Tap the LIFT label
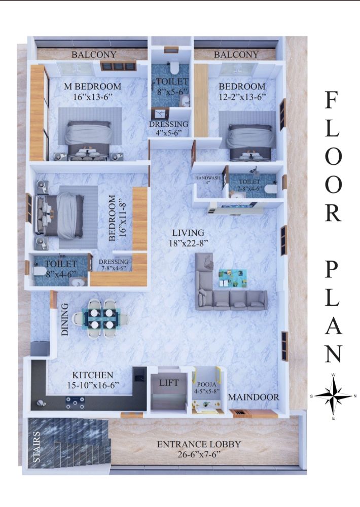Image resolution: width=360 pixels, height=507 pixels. click(169, 383)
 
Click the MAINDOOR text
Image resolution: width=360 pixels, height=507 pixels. click(253, 397)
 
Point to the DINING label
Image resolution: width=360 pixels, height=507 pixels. click(65, 319)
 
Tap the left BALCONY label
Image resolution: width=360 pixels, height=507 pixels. click(94, 54)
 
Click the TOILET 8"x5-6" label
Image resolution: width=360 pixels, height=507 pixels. click(172, 86)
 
